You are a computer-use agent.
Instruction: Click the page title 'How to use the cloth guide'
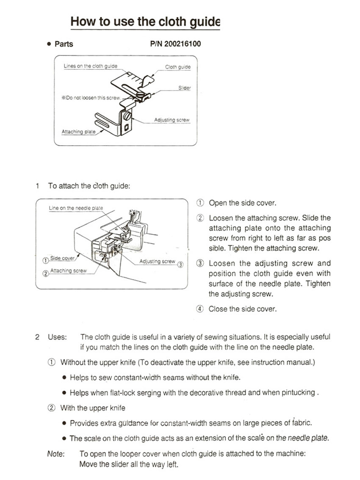(x=145, y=22)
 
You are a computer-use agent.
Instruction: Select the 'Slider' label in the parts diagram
(x=184, y=88)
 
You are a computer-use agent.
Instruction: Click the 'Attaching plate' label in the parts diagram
(x=78, y=132)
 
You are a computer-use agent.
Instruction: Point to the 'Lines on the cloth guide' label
(x=90, y=66)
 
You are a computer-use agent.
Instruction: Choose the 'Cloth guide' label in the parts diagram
(x=177, y=67)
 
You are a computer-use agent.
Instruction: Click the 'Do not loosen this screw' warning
(x=91, y=98)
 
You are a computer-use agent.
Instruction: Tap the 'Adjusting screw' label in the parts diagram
(x=172, y=120)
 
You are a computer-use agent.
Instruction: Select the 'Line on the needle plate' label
(x=76, y=208)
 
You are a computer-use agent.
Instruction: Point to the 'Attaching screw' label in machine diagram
(x=68, y=270)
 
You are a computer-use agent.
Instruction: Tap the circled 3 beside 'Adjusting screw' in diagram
(x=180, y=265)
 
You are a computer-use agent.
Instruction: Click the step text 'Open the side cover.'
(x=242, y=203)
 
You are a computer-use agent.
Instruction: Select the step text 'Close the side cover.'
(x=242, y=309)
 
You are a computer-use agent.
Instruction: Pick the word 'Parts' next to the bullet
(x=64, y=44)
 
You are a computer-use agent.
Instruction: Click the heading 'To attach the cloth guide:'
(x=89, y=186)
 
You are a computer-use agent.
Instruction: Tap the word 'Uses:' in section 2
(x=57, y=337)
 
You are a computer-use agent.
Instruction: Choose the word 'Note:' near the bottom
(x=56, y=453)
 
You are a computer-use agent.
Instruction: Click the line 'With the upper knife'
(x=93, y=408)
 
